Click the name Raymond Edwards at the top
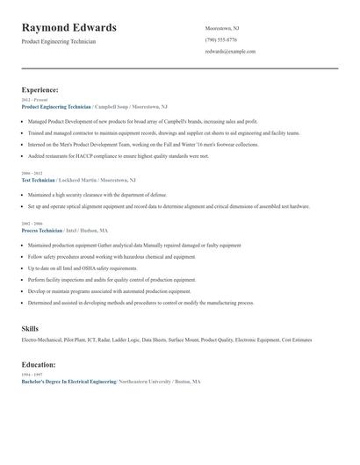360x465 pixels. click(x=69, y=28)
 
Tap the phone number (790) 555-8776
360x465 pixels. click(x=220, y=39)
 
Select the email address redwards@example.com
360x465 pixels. click(x=230, y=52)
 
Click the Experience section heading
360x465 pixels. click(x=40, y=89)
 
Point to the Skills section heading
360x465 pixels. click(x=30, y=328)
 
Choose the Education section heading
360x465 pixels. click(x=40, y=364)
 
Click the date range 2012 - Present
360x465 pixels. click(x=34, y=100)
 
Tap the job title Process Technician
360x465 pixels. click(x=42, y=230)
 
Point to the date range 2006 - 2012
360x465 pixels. click(x=32, y=173)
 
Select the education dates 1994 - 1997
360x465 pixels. click(x=32, y=376)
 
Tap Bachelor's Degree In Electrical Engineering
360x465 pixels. click(x=68, y=382)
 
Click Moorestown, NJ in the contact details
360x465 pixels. click(x=222, y=28)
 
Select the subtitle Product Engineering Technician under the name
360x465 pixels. click(x=59, y=41)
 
